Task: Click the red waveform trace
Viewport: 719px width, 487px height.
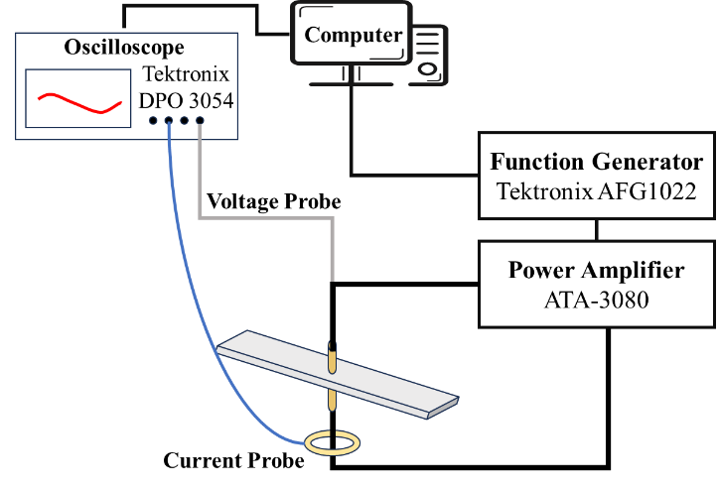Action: point(79,102)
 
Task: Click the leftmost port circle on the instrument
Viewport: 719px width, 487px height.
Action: point(153,121)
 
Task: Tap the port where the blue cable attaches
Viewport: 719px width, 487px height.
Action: point(169,121)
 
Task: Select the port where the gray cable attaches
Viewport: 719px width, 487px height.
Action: point(200,121)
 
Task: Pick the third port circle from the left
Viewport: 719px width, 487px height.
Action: point(184,121)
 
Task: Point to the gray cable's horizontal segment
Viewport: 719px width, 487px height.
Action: point(266,217)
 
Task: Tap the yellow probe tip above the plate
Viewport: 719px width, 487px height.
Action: point(332,360)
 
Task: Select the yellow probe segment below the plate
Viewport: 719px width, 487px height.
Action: point(332,399)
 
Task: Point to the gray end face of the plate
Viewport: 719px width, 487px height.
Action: point(443,407)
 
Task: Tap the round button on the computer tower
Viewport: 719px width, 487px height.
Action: point(427,69)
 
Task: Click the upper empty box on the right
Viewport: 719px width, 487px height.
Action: point(596,176)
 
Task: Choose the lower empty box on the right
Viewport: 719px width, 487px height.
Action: point(596,284)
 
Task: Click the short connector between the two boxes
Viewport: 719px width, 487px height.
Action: point(596,230)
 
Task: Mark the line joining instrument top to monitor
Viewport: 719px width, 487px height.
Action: point(191,6)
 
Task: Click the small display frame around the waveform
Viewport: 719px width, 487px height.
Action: point(78,71)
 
